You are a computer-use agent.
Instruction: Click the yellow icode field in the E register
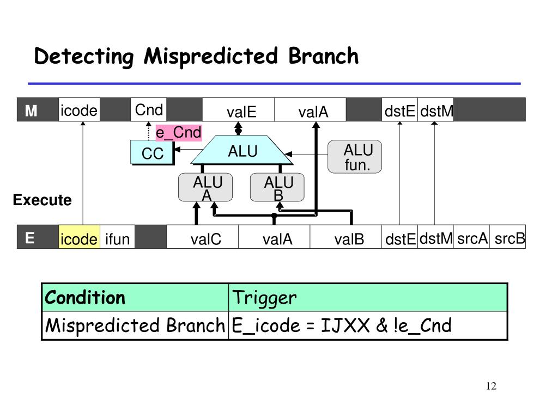(x=79, y=237)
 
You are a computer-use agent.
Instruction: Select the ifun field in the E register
(x=118, y=237)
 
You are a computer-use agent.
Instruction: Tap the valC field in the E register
(x=203, y=237)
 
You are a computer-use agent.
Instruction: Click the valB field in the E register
(x=345, y=237)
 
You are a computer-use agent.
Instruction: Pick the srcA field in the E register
(x=471, y=237)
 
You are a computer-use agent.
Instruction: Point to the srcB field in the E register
(x=508, y=237)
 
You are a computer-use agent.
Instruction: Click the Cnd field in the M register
(x=149, y=109)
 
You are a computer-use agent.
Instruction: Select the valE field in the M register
(x=239, y=109)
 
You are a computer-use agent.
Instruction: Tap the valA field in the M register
(x=310, y=109)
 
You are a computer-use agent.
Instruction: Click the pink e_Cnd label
(x=179, y=133)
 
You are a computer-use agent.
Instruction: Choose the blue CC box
(x=152, y=152)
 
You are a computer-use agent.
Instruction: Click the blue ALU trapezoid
(x=242, y=150)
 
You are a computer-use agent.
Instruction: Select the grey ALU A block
(x=205, y=187)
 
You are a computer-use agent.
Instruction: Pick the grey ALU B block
(x=277, y=187)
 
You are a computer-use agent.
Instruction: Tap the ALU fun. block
(x=355, y=157)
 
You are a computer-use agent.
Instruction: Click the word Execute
(x=43, y=200)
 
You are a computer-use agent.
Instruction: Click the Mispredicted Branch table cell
(x=135, y=325)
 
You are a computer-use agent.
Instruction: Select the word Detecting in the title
(x=84, y=57)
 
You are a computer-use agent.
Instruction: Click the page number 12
(x=491, y=386)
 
